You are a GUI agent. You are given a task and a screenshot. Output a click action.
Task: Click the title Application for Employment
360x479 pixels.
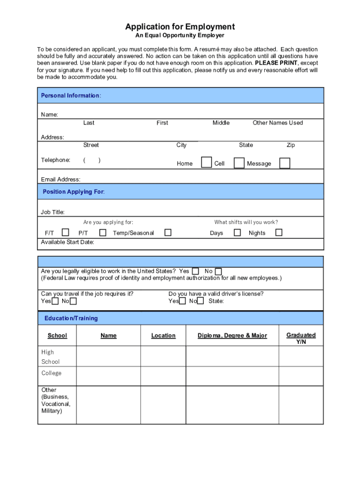180,27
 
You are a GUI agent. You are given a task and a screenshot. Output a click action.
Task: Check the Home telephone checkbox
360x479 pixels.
206,162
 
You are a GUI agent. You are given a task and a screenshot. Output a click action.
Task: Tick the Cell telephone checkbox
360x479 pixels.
239,163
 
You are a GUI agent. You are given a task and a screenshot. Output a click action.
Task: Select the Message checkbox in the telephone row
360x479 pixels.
284,163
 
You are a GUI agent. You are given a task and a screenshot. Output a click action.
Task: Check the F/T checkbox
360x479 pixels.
65,232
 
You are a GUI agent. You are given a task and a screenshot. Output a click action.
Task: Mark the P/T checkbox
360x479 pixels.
102,232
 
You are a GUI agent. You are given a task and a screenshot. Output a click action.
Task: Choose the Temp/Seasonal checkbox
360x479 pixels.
167,232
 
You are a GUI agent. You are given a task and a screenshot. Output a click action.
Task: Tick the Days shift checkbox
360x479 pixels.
238,232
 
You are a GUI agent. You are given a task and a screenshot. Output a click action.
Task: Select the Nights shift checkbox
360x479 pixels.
279,232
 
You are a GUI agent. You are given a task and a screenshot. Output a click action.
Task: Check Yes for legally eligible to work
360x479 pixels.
195,271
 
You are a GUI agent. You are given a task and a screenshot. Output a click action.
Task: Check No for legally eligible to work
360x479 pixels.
218,271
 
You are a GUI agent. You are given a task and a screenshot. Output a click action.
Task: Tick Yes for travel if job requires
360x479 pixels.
55,301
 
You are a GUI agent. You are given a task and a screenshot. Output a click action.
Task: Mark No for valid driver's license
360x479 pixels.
201,301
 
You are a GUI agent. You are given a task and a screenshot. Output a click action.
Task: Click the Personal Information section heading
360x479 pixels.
71,95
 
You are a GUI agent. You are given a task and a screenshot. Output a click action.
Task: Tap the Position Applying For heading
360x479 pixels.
73,192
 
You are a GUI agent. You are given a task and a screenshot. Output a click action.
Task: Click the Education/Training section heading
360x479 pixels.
71,318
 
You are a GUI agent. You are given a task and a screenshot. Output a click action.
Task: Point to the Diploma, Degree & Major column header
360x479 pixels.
232,335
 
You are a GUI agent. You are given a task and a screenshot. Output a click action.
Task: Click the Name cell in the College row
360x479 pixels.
108,376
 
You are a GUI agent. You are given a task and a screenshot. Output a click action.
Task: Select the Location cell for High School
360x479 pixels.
163,356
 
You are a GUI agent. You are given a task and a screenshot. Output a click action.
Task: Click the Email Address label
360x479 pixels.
60,179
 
